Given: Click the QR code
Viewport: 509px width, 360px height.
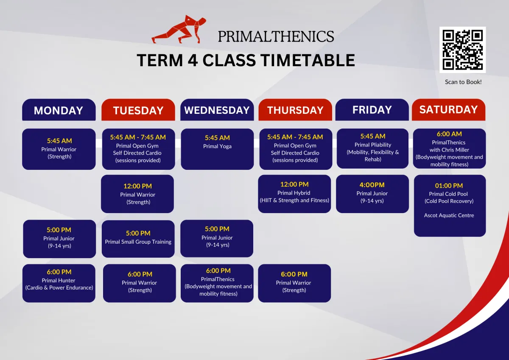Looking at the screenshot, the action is [x=462, y=50].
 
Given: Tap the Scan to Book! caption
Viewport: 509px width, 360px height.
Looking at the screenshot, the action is [x=463, y=82].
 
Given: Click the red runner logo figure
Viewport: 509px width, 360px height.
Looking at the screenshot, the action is [x=179, y=29].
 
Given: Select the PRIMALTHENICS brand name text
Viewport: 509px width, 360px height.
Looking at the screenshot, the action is [x=276, y=37].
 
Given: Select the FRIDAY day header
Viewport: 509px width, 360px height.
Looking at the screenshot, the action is [x=372, y=110].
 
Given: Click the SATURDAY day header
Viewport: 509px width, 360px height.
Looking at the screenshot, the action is [x=449, y=110].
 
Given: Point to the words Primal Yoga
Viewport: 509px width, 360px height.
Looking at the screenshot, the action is [x=217, y=146].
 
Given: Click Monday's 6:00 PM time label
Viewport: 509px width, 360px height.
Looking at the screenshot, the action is [x=59, y=272].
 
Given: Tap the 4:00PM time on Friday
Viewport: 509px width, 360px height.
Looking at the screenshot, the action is [x=372, y=185].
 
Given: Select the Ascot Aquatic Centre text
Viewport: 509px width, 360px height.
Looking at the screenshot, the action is [x=449, y=215].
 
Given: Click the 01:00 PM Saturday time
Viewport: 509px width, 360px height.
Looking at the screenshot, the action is [x=449, y=186].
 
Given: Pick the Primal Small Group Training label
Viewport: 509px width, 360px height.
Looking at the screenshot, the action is [x=138, y=242].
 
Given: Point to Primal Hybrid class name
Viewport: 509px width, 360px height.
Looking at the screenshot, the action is [x=294, y=193].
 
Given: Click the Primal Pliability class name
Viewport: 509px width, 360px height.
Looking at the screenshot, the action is [x=373, y=145].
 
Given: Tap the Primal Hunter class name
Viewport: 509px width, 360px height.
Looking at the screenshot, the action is [x=59, y=281].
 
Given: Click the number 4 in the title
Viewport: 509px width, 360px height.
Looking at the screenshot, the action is [x=193, y=60].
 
